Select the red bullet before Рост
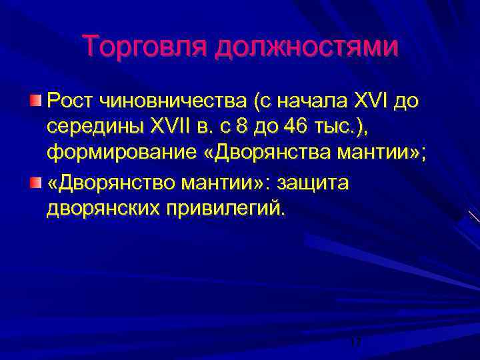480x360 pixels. (36, 101)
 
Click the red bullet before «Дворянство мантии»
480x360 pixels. (36, 183)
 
